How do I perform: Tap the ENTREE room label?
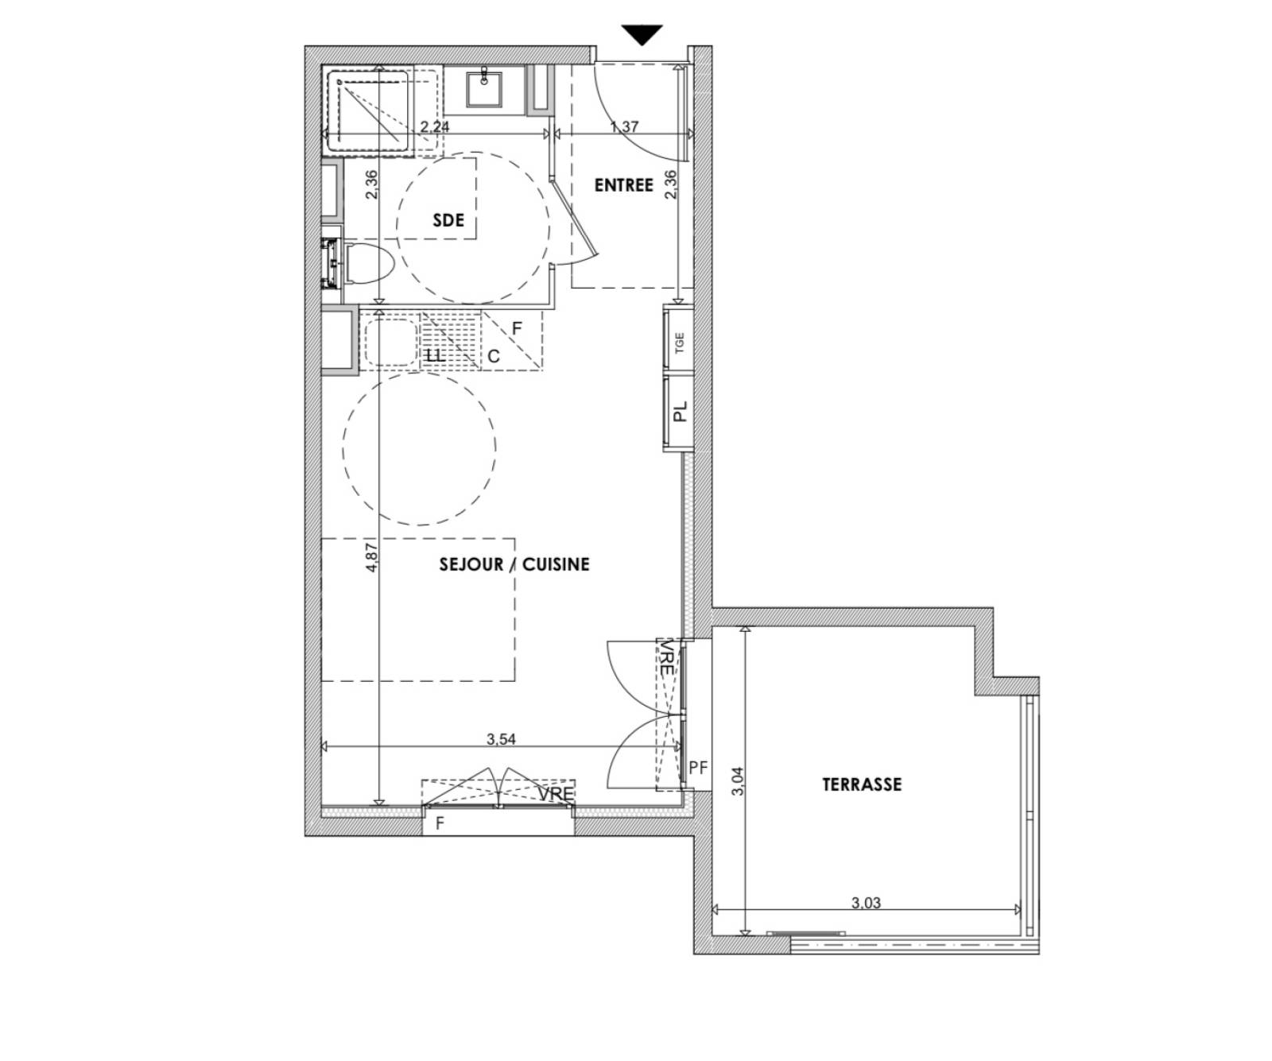[x=623, y=185]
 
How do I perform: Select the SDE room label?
[x=448, y=220]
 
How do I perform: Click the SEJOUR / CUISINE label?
[x=514, y=564]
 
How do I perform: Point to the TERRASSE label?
[x=862, y=784]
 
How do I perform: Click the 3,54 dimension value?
[x=501, y=739]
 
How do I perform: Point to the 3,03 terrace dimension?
[x=866, y=903]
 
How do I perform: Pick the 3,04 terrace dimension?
[x=737, y=780]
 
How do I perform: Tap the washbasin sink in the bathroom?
[x=483, y=88]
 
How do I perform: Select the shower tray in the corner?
[x=372, y=110]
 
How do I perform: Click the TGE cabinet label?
[x=679, y=343]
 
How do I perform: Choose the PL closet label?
[x=679, y=412]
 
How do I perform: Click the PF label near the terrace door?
[x=698, y=768]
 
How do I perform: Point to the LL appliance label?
[x=435, y=355]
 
